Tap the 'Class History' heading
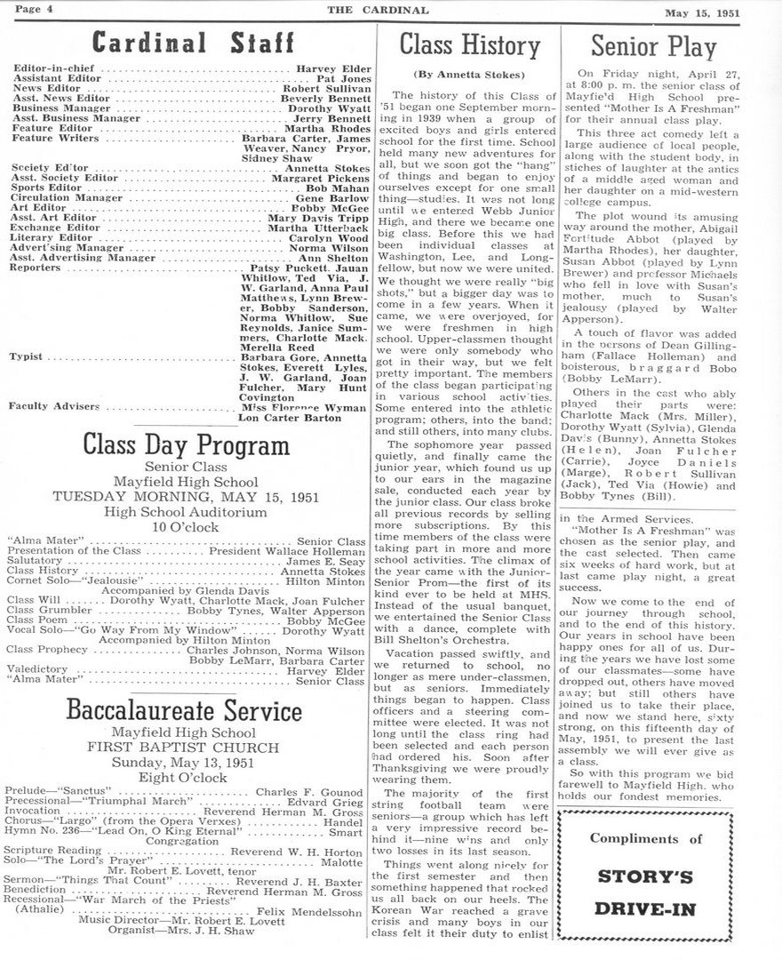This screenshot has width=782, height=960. click(x=464, y=44)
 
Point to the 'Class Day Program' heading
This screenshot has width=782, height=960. click(x=186, y=444)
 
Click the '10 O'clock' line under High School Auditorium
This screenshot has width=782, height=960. click(x=186, y=526)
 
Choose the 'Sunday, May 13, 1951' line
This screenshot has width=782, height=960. click(x=186, y=763)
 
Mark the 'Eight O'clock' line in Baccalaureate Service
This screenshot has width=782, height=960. click(x=186, y=777)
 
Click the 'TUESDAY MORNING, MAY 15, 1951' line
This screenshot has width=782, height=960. click(x=186, y=496)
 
